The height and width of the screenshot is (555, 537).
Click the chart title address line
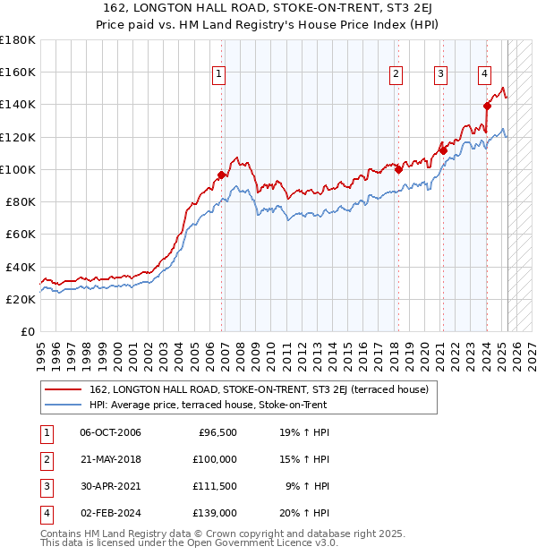(x=268, y=8)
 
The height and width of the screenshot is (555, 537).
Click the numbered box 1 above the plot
(x=219, y=74)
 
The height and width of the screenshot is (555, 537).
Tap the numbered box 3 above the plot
(x=441, y=74)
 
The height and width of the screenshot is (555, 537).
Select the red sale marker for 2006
(x=221, y=175)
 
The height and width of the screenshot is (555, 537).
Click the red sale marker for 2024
(x=487, y=106)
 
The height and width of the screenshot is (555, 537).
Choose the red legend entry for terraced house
(x=259, y=389)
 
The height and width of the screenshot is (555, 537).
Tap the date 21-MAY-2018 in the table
(x=110, y=459)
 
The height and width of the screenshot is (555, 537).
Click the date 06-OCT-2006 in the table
(x=110, y=432)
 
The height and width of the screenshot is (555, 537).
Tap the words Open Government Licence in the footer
(x=262, y=542)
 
